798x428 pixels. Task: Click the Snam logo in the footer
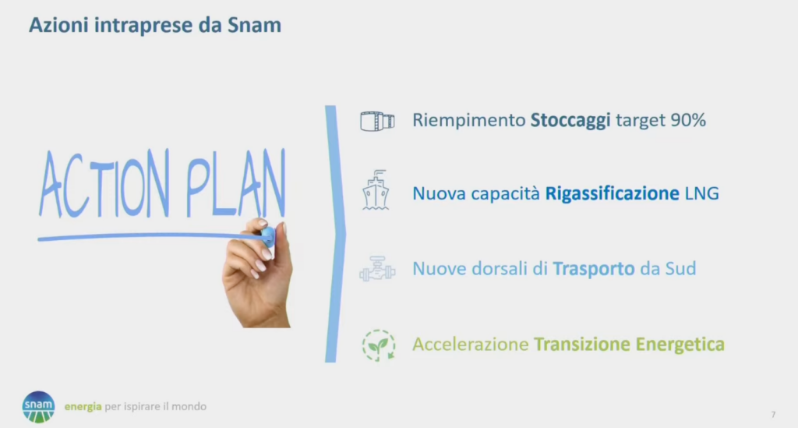click(x=38, y=407)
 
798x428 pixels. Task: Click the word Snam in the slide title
click(x=254, y=25)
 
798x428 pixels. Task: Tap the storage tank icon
click(x=377, y=121)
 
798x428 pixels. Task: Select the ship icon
click(x=376, y=190)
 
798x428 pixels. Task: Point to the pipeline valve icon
click(x=377, y=269)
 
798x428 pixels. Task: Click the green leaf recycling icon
click(x=379, y=345)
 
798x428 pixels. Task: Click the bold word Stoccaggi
click(x=570, y=121)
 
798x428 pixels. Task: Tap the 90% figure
click(x=688, y=120)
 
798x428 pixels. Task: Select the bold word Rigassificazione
click(x=612, y=193)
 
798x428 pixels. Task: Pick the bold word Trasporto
click(x=593, y=269)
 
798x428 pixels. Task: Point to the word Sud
click(x=680, y=268)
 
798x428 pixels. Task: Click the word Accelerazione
click(x=470, y=344)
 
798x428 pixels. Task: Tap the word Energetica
click(x=680, y=344)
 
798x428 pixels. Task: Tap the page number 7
click(x=773, y=415)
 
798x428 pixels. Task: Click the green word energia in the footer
click(x=83, y=407)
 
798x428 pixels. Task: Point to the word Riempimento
click(x=468, y=121)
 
